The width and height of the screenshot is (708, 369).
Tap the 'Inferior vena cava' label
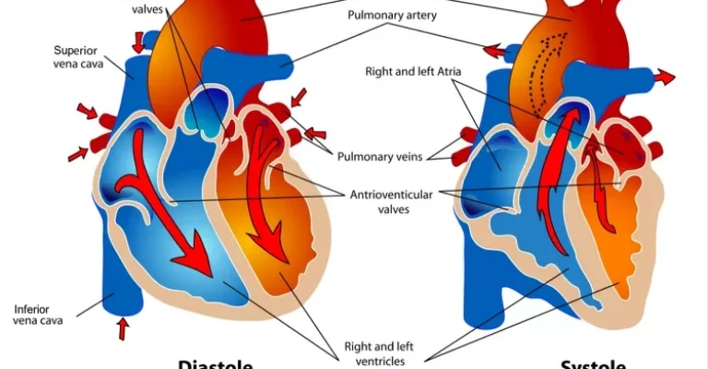point(38,314)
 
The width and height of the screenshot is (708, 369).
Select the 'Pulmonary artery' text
point(392,16)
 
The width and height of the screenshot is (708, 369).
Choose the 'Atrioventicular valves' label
point(392,201)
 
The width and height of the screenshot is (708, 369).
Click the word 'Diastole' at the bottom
point(216,363)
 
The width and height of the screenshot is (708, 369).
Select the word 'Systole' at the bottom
point(594,363)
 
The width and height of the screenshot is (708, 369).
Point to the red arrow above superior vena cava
point(138,41)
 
